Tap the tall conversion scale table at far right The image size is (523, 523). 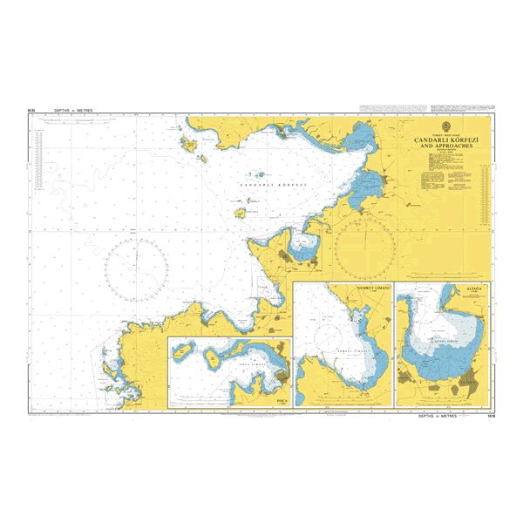[x=483, y=182]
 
